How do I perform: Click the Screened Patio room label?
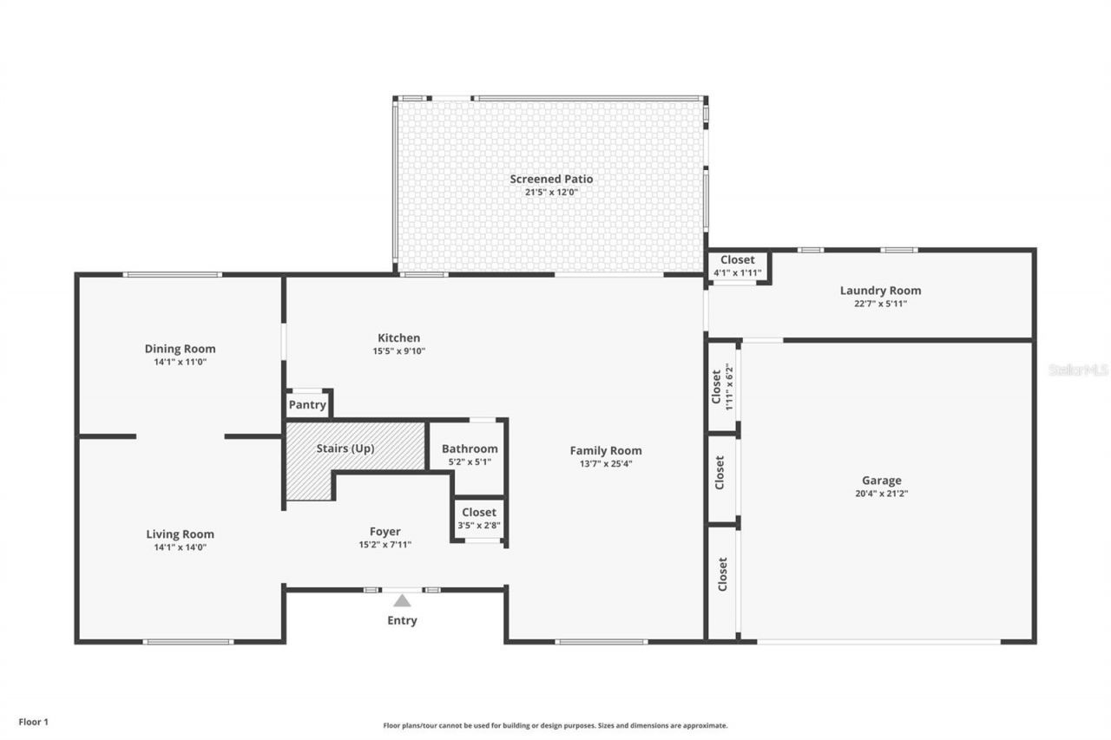tap(551, 179)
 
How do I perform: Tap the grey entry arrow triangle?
tap(402, 600)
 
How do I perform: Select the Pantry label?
tap(307, 405)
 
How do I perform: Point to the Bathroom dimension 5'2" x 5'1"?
tap(470, 462)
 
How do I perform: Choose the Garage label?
tap(881, 480)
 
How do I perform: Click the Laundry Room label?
tap(880, 291)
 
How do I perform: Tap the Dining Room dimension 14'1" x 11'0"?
tap(180, 362)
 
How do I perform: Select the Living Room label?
tap(180, 534)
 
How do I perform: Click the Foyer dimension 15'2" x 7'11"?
tap(385, 545)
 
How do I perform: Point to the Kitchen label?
tap(398, 337)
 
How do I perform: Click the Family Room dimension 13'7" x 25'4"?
tap(606, 463)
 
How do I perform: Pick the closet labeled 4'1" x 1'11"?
tap(737, 265)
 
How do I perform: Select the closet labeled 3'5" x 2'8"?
tap(478, 518)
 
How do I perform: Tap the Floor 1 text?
tap(34, 721)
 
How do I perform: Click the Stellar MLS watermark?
tap(1078, 370)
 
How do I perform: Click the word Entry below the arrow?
tap(402, 620)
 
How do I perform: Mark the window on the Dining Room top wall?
tap(172, 275)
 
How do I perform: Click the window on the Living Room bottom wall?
tap(188, 642)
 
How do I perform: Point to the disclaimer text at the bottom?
tap(555, 725)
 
